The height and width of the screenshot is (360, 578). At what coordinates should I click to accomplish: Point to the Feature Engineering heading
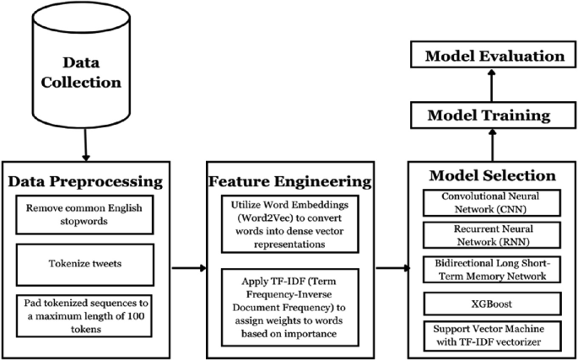(x=289, y=181)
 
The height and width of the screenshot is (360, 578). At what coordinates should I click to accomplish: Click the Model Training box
(x=489, y=114)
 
